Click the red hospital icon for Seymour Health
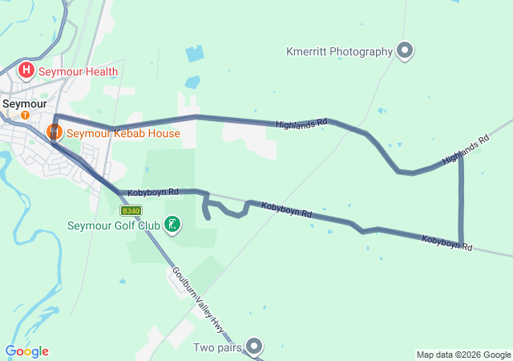(x=26, y=71)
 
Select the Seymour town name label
(x=24, y=103)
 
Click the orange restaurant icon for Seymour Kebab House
(x=55, y=131)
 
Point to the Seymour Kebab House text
(x=123, y=133)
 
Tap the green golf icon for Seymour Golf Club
(x=172, y=225)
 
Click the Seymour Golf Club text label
(x=114, y=225)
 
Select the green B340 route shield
(x=131, y=210)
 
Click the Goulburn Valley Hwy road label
(x=198, y=295)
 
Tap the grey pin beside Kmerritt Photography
(x=405, y=51)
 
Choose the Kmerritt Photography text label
(x=339, y=51)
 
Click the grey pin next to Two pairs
(x=255, y=347)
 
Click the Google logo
(x=26, y=351)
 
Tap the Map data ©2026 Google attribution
(x=463, y=355)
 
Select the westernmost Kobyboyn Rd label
(x=152, y=193)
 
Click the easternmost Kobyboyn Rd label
(x=446, y=242)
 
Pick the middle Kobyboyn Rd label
(x=286, y=210)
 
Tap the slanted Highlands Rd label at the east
(x=465, y=150)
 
